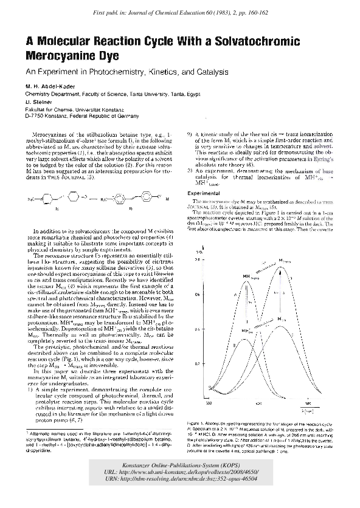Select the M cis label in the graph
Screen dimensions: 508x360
pyautogui.click(x=281, y=319)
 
